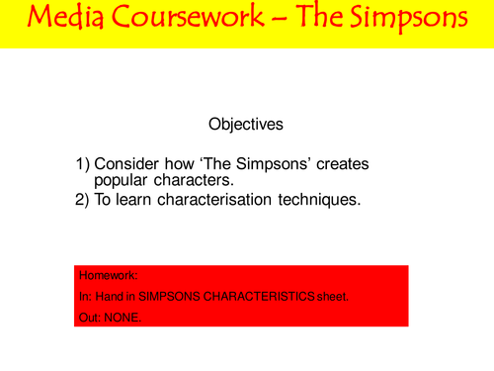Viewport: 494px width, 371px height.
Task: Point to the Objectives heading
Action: (x=246, y=125)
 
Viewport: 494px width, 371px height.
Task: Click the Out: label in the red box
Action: (x=89, y=317)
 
